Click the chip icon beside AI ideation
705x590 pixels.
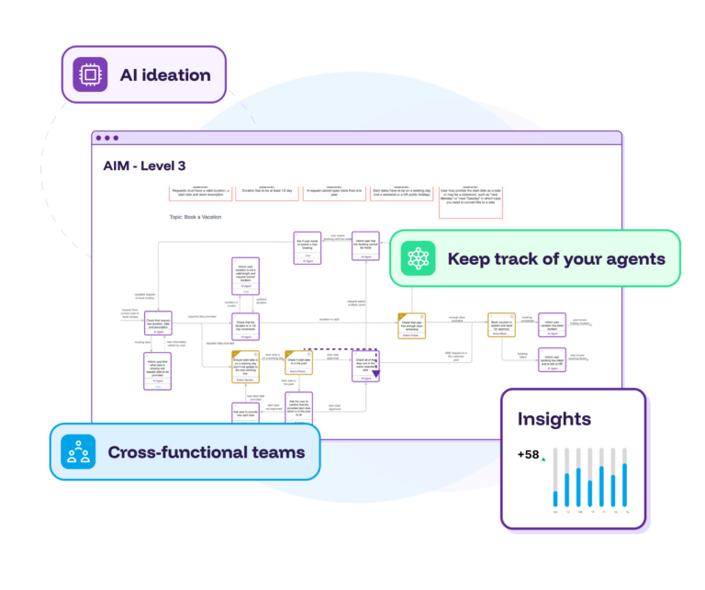pos(90,74)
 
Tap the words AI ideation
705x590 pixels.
pos(165,74)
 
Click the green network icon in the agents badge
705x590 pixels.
pos(420,258)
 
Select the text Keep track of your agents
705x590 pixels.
pos(556,258)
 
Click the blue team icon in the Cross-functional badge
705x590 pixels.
pos(79,451)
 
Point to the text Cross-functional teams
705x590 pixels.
pos(207,451)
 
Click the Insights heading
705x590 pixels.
pos(554,419)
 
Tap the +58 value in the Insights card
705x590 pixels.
pos(528,454)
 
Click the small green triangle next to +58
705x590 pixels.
pos(543,457)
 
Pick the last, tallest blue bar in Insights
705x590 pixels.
pos(625,484)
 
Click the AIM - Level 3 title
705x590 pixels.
pos(145,165)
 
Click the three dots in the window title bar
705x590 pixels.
pos(106,138)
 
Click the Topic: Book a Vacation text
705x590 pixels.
pos(203,218)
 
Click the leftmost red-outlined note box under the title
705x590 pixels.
pos(201,193)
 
